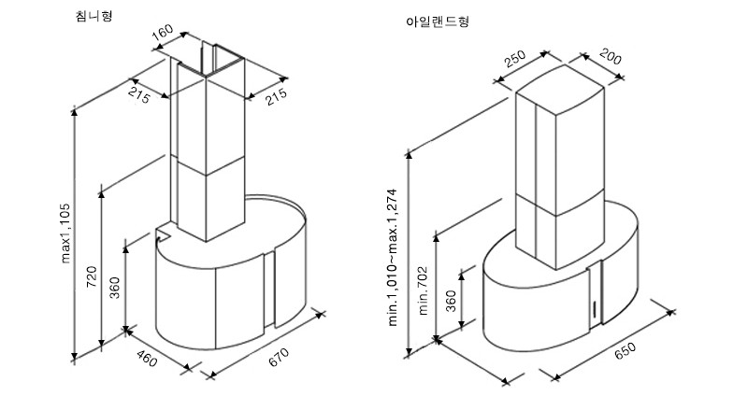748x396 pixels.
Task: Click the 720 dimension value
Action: coord(91,276)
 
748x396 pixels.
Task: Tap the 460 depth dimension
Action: coord(147,357)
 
